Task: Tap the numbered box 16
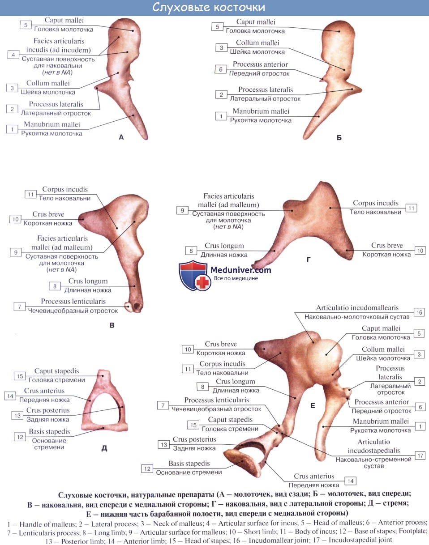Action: pos(419,312)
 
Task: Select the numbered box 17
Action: pos(419,455)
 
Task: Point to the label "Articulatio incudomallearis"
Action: pos(357,308)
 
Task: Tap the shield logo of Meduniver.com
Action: pos(193,276)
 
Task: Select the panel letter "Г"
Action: pos(309,259)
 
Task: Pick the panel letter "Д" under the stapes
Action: pos(104,448)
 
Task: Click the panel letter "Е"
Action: pos(313,406)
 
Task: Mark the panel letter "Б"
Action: pos(339,137)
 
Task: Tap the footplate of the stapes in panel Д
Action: pos(104,426)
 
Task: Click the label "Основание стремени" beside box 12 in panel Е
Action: pos(189,472)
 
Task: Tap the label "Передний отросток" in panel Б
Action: pos(259,73)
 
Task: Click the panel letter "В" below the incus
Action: pos(112,325)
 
